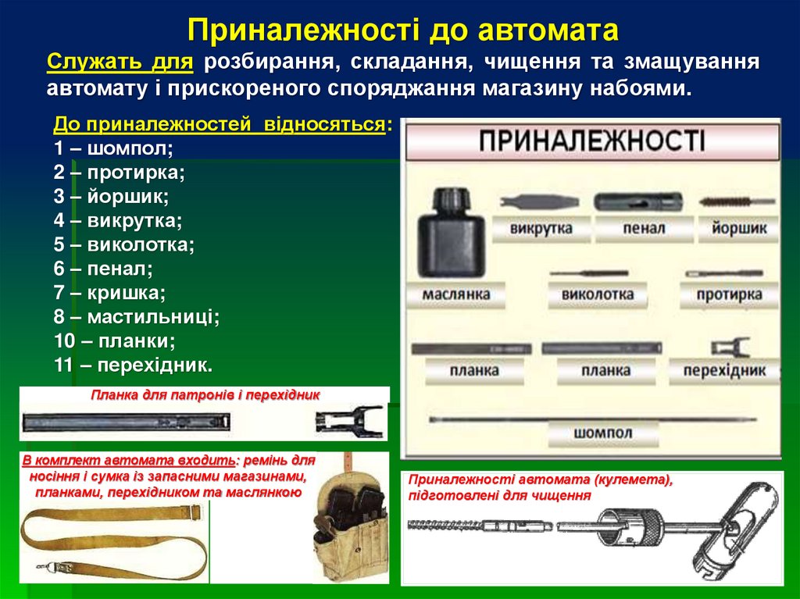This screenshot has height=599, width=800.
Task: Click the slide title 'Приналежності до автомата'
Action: click(x=403, y=30)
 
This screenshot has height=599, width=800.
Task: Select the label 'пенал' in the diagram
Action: click(x=645, y=229)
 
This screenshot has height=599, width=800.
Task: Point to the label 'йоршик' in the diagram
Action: click(x=739, y=229)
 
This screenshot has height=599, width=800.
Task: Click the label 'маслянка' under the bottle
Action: click(x=456, y=294)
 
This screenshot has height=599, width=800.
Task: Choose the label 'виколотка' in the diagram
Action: click(x=598, y=294)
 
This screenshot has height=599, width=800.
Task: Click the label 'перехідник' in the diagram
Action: click(x=724, y=370)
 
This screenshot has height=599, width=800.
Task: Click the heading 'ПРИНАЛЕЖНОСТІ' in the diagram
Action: click(x=591, y=141)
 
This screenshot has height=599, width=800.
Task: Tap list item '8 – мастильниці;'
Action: click(x=137, y=317)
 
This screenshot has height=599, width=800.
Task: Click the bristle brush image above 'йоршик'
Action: click(x=730, y=201)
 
